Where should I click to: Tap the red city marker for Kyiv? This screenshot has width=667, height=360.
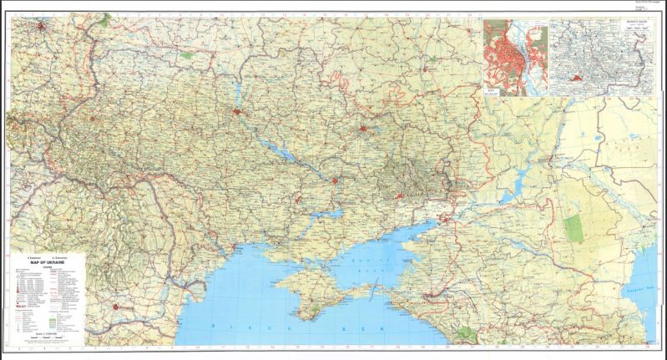(x=240, y=111)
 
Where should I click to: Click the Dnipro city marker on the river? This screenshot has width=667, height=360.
(x=336, y=180)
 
